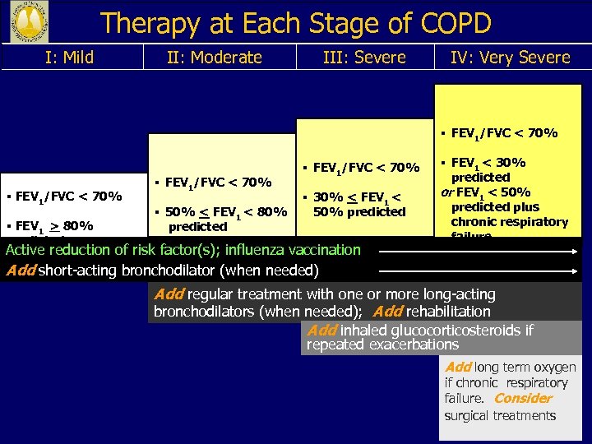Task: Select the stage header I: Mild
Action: [67, 58]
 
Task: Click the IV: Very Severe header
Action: [510, 58]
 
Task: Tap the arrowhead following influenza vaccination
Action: [572, 250]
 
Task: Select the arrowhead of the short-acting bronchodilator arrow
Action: [572, 269]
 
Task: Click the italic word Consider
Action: [523, 399]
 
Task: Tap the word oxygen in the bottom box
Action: [556, 368]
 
